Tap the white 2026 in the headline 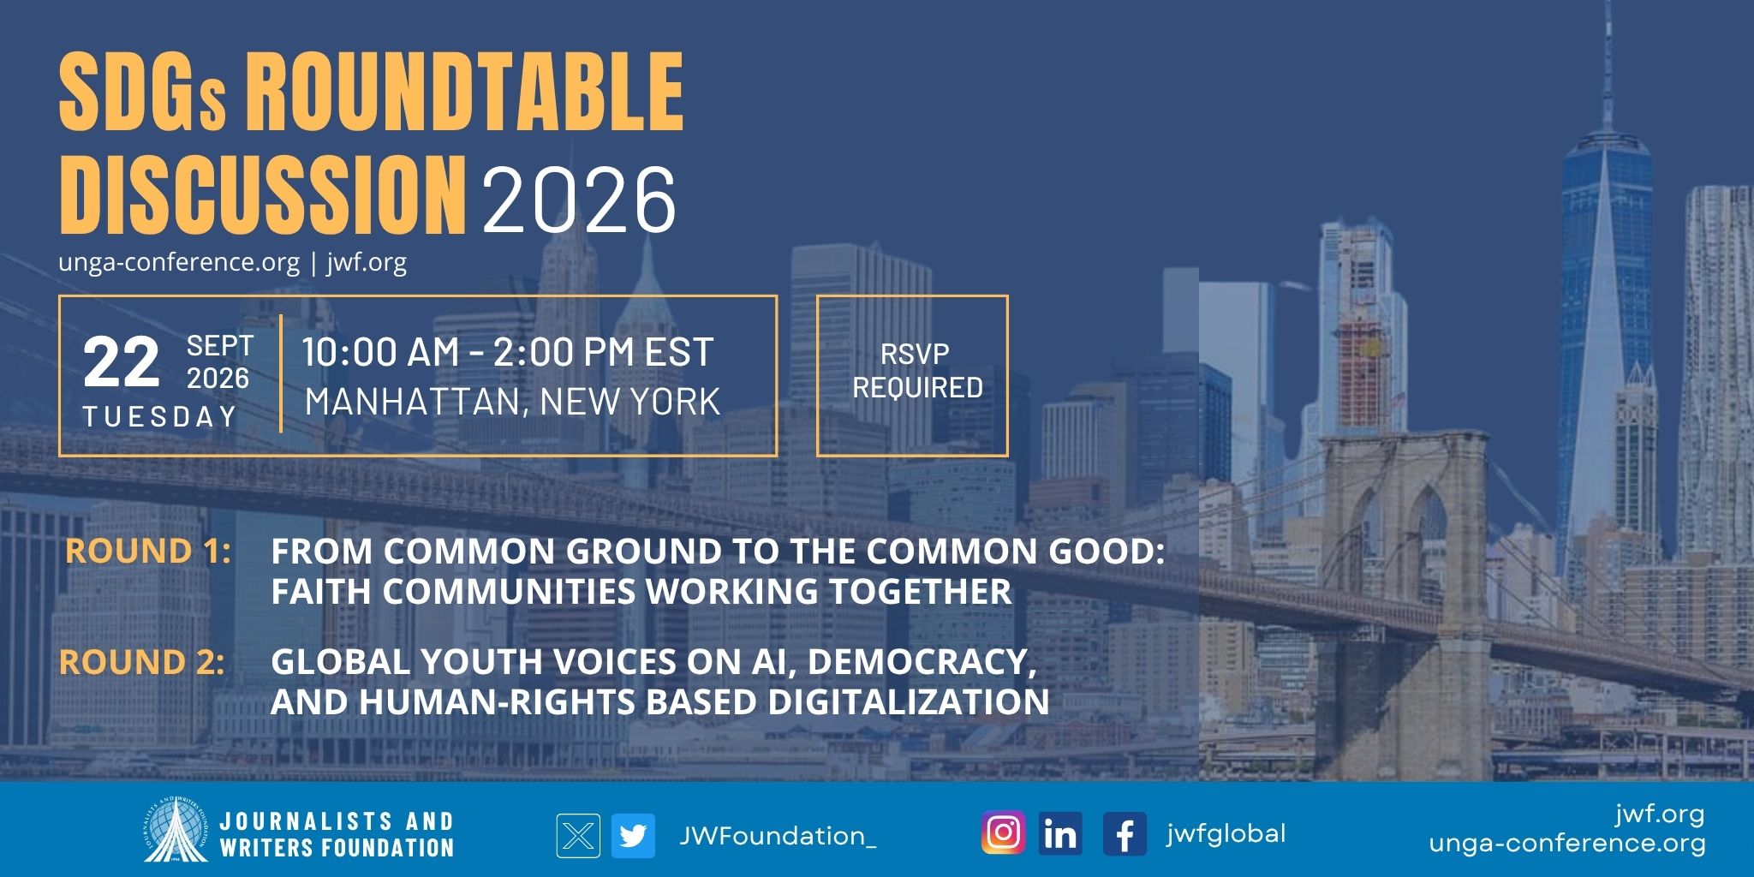580,200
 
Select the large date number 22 121,362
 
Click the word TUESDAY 159,416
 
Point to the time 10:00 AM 380,352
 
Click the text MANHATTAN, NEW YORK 512,402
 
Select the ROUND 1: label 148,551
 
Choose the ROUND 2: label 142,662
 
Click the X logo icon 578,835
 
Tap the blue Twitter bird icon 633,835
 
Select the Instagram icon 1003,832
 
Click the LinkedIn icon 1060,832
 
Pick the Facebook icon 1125,832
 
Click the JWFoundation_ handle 778,836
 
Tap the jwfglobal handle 1226,833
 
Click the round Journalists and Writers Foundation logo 176,829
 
